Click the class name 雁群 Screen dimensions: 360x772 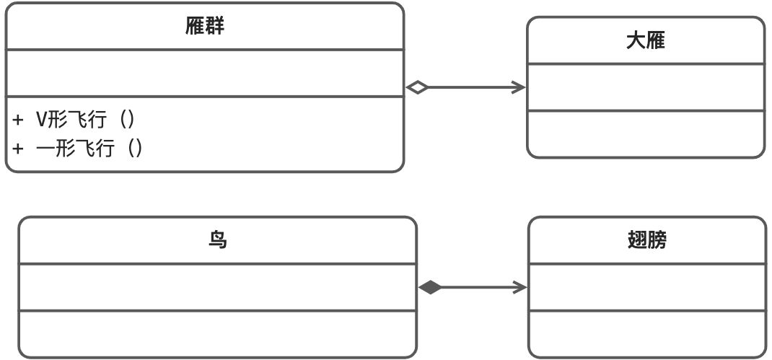click(x=205, y=27)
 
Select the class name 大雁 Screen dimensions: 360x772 click(x=645, y=40)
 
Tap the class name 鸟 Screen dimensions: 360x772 click(x=217, y=240)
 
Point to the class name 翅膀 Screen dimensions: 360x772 click(x=647, y=240)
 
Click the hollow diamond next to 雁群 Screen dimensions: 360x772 click(x=417, y=87)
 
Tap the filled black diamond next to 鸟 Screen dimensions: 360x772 click(x=430, y=287)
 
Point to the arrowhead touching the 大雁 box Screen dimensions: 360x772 click(x=519, y=87)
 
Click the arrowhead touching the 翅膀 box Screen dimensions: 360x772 click(x=521, y=287)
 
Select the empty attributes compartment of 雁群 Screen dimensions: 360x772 click(x=205, y=73)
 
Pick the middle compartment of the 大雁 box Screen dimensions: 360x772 click(x=645, y=87)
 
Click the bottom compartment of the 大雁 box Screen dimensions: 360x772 click(x=645, y=134)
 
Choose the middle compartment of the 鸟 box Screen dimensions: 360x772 click(x=217, y=287)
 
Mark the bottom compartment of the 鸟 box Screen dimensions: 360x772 click(x=217, y=333)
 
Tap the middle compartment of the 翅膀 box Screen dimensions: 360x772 click(x=647, y=287)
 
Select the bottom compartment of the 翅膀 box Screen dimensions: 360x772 click(x=647, y=333)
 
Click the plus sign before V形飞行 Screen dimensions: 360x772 click(x=18, y=120)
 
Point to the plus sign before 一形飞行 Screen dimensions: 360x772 click(x=18, y=148)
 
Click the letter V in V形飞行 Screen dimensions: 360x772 click(x=41, y=119)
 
